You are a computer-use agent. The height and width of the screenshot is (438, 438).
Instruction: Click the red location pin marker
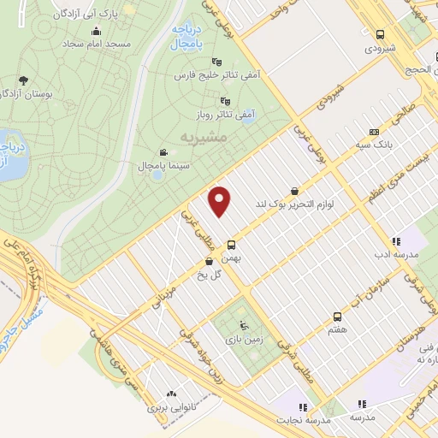pos(222,202)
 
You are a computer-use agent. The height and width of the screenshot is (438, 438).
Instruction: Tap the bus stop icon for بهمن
pos(231,245)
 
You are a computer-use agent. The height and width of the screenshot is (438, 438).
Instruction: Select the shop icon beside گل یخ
pos(210,262)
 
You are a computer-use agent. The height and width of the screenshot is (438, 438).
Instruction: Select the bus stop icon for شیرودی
pos(381,34)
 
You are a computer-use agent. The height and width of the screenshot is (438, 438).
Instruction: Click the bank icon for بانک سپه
pos(373,132)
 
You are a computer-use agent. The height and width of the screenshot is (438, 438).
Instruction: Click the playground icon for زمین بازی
pos(243,324)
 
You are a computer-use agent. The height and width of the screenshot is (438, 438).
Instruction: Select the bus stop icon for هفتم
pos(338,315)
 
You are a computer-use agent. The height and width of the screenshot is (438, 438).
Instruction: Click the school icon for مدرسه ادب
pos(395,242)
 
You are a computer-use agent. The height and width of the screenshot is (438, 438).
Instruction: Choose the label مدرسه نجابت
pos(301,421)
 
